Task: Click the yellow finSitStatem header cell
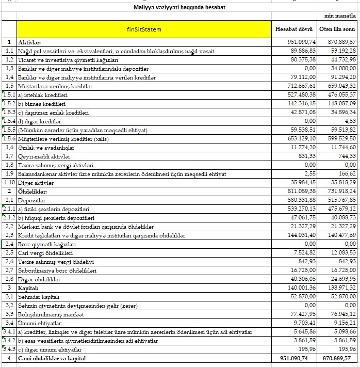click(x=144, y=29)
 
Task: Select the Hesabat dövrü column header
click(x=293, y=29)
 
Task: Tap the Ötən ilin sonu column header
click(x=337, y=29)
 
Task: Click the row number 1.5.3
click(x=9, y=113)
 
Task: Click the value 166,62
click(x=347, y=174)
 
